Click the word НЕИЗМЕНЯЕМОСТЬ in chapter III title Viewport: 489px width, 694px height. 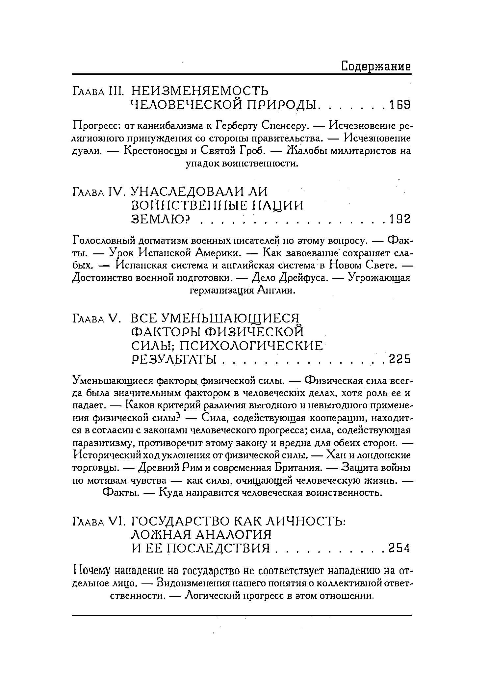[200, 91]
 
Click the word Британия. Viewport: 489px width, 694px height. [296, 468]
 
